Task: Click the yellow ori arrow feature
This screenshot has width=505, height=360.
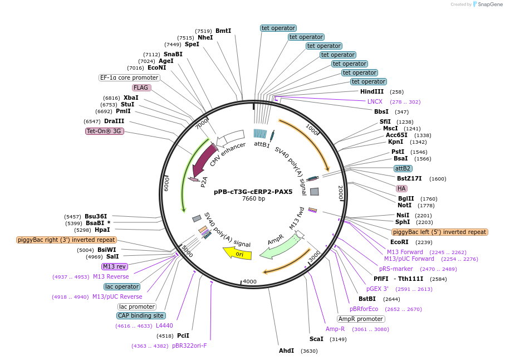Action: [238, 253]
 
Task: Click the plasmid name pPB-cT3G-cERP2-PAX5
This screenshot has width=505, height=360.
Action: [253, 192]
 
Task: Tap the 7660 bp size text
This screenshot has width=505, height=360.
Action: [253, 199]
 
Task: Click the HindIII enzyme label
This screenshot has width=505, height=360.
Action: [372, 91]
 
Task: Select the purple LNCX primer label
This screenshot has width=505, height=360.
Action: [375, 101]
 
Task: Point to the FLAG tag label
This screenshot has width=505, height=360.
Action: [141, 87]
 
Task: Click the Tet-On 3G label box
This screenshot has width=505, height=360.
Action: [104, 132]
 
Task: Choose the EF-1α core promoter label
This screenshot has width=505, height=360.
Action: [129, 77]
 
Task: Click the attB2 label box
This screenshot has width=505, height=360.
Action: [403, 168]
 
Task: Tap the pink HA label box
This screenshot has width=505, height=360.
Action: [401, 188]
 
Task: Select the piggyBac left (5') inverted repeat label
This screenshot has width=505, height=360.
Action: [439, 232]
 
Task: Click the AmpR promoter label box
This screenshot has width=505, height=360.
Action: [361, 319]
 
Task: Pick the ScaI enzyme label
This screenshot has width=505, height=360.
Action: [316, 339]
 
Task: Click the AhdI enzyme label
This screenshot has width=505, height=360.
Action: [286, 351]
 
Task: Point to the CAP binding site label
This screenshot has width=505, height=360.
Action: [140, 315]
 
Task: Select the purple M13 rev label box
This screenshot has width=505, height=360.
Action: [114, 266]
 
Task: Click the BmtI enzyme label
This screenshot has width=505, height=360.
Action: [223, 31]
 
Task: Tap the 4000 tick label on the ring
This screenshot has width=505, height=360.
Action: [249, 281]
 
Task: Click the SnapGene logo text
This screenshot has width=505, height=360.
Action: [489, 4]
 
